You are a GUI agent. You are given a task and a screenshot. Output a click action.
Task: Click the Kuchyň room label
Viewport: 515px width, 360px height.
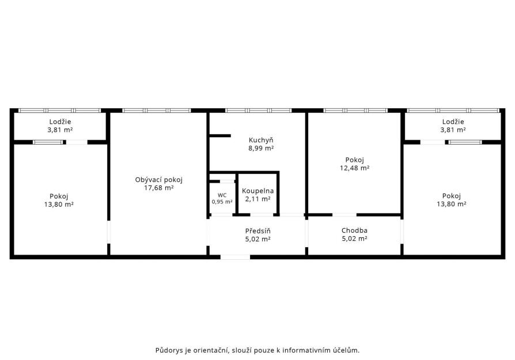261,140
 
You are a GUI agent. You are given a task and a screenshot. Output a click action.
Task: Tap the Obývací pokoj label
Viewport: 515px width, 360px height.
158,180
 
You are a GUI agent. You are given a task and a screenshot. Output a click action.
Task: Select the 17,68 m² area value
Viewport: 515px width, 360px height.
158,188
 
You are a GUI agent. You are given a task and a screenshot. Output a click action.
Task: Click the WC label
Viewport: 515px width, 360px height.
222,195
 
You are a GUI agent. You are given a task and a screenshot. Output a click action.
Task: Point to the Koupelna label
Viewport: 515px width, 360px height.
258,191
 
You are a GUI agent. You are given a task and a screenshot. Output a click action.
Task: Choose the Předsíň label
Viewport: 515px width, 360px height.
258,231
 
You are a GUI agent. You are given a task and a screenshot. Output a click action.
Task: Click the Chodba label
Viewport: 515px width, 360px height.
354,230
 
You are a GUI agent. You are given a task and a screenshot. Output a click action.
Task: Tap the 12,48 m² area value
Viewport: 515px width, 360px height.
355,168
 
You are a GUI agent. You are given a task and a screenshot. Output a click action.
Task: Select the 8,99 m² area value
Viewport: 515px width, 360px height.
261,148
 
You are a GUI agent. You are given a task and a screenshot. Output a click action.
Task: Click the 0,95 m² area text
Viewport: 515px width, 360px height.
222,202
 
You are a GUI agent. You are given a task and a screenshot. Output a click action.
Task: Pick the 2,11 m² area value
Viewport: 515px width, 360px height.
258,199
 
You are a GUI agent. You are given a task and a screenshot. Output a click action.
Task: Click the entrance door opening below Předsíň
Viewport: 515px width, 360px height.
235,257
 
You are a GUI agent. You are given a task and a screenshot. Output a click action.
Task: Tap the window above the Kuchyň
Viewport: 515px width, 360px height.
259,111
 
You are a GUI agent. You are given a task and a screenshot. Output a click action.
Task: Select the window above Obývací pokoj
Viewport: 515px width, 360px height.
157,111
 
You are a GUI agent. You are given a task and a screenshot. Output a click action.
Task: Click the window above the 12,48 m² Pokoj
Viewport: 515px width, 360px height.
355,111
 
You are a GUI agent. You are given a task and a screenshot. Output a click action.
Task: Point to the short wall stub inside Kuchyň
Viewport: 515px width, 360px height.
220,135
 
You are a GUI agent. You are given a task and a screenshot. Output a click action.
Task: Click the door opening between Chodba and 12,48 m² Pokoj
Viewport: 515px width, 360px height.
344,215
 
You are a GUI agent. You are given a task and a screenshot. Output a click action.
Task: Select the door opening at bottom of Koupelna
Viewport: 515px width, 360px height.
262,215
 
